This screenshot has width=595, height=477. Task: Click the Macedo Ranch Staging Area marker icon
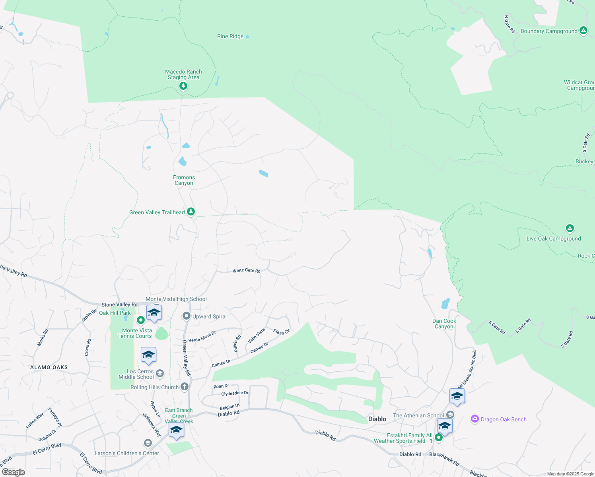click(183, 86)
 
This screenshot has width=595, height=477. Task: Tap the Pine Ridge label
click(230, 37)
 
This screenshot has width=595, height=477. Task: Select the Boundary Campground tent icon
click(583, 30)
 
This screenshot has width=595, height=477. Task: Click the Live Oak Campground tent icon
click(570, 229)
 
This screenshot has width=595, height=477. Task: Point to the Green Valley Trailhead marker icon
click(191, 211)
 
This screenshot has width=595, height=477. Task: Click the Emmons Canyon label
click(184, 180)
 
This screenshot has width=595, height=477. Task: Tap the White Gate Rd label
click(247, 271)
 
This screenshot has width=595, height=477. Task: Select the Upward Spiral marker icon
click(186, 316)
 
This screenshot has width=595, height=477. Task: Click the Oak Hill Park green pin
click(140, 320)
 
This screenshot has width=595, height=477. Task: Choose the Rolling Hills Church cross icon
click(184, 386)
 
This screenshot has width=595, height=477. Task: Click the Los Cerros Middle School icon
click(160, 373)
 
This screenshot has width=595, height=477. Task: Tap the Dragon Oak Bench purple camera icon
click(474, 419)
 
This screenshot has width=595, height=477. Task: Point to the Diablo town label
click(377, 419)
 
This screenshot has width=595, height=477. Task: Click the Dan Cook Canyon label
click(444, 324)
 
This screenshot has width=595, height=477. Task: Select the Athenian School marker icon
click(450, 415)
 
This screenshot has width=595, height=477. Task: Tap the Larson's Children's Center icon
click(148, 443)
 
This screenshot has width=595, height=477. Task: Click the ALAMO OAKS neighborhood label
click(49, 367)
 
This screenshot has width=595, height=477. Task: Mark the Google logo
click(14, 472)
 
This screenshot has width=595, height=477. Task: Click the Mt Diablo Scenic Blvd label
click(467, 369)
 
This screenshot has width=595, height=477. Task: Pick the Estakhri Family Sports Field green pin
click(438, 438)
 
